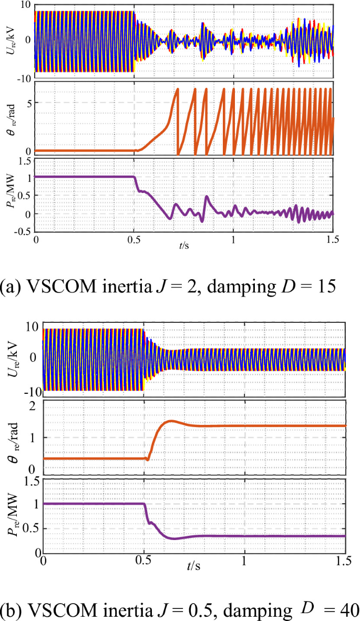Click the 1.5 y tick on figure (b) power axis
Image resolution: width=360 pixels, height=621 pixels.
point(28,480)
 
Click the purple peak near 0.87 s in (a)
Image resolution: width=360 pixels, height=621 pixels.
point(207,197)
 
